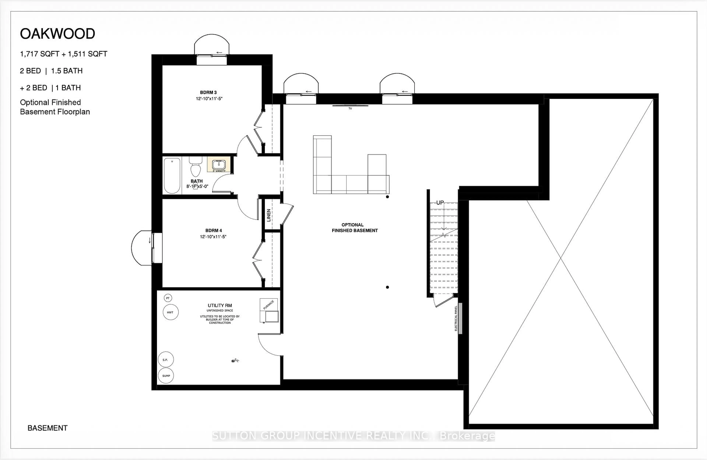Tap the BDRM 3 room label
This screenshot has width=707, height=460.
pos(208,93)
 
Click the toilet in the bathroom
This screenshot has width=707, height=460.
pos(196,168)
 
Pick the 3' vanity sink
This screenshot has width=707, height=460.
pos(219,164)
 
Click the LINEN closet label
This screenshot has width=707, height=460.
pos(269,215)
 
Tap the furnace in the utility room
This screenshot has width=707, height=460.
pos(269,310)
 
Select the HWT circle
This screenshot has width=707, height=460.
pos(170,312)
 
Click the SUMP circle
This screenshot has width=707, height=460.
pos(166,376)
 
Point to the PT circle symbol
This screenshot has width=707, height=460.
pos(168,298)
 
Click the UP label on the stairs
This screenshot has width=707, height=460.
pos(440,203)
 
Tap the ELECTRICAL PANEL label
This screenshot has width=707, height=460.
pos(456,318)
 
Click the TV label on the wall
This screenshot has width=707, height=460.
pos(350,109)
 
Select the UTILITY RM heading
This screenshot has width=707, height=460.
pos(220,305)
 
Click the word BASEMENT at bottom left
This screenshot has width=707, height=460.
pos(48,428)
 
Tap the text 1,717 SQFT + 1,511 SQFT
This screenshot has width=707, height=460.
pos(64,54)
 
